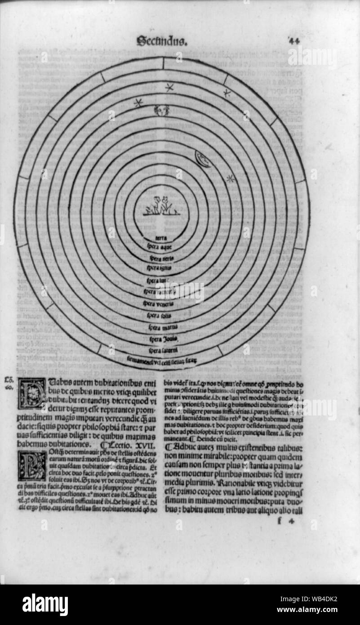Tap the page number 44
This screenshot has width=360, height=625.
tap(294, 40)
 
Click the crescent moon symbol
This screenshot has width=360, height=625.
tap(203, 159)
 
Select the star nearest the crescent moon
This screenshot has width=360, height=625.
tap(231, 178)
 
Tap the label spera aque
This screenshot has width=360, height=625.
tap(160, 246)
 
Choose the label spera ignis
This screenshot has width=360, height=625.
tap(160, 268)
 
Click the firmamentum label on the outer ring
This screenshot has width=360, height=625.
tap(162, 360)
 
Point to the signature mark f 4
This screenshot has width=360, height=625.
tap(284, 522)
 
